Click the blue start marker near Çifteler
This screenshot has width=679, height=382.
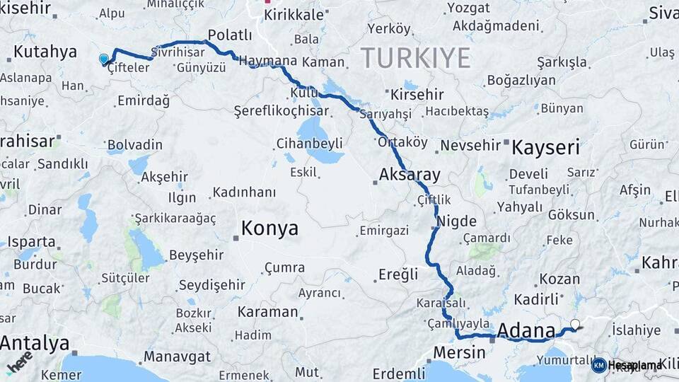(104, 59)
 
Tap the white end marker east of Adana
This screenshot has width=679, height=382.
(574, 325)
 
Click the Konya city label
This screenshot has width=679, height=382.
(269, 228)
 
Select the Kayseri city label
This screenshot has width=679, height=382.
(545, 148)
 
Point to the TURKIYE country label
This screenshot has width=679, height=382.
(416, 57)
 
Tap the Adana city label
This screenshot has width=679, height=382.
(527, 330)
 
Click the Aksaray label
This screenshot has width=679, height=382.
(410, 174)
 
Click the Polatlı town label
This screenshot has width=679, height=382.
(230, 35)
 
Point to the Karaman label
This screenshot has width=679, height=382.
(267, 312)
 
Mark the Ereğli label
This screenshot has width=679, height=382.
(398, 274)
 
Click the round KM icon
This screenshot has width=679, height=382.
(599, 365)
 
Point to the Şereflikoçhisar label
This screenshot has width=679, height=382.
(281, 111)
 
